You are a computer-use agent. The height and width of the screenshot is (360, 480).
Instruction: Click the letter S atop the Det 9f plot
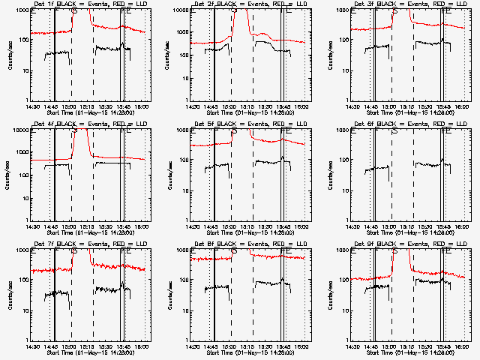395,253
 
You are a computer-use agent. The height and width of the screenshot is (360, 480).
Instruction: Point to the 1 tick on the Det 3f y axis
346,100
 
